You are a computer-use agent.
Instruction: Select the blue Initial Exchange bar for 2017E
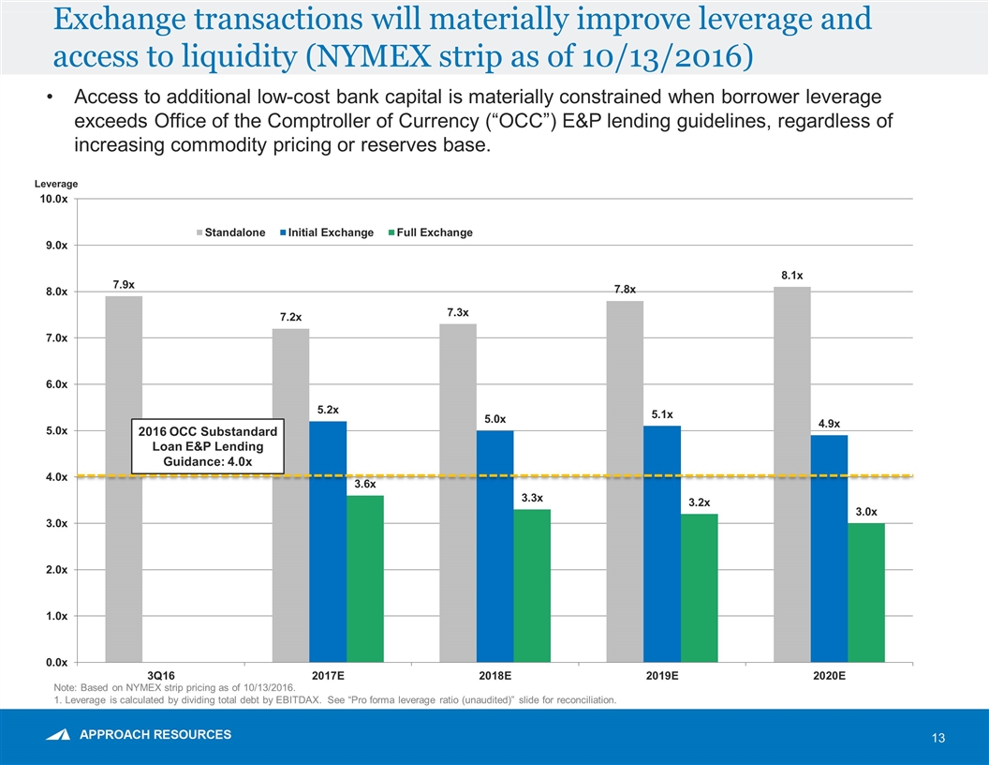(x=328, y=541)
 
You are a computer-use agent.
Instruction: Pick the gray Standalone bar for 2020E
(x=791, y=473)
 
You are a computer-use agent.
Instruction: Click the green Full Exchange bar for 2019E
(x=699, y=588)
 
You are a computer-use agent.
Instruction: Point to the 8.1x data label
(x=791, y=275)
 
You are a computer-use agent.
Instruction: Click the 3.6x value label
(x=364, y=485)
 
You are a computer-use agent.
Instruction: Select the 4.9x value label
(x=828, y=424)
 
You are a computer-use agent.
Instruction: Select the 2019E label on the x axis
(x=661, y=675)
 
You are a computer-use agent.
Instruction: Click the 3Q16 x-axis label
(x=160, y=675)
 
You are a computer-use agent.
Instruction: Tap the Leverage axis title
(x=58, y=184)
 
